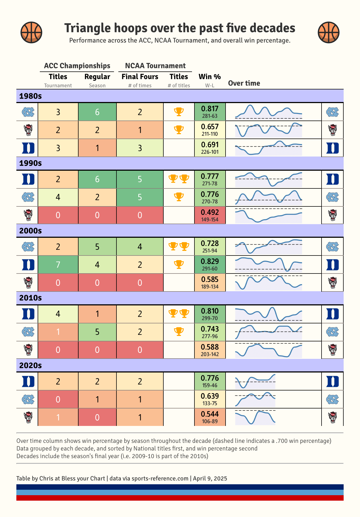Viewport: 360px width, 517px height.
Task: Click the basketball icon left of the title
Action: (31, 32)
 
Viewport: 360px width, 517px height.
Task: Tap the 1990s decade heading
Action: (31, 163)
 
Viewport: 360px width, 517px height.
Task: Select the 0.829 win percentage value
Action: (210, 261)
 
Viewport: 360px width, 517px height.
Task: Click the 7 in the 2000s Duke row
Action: (58, 264)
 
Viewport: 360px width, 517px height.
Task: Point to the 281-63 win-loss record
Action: (210, 116)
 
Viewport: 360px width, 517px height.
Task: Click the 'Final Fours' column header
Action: (140, 77)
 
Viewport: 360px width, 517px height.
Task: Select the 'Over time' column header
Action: (244, 83)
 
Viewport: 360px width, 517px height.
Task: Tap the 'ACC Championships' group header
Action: (77, 66)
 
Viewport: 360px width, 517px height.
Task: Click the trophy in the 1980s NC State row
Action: (179, 130)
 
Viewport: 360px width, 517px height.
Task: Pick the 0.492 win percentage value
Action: (210, 212)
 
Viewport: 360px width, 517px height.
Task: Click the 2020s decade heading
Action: (31, 365)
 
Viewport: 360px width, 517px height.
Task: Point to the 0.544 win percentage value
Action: (210, 414)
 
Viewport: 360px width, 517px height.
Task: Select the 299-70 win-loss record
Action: (210, 318)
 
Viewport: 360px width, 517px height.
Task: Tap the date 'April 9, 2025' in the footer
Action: (210, 478)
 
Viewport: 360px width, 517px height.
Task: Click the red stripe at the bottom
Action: (180, 498)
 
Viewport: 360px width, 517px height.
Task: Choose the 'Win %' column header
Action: (210, 77)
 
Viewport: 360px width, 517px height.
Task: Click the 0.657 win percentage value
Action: (210, 127)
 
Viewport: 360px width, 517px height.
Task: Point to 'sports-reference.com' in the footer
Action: (160, 478)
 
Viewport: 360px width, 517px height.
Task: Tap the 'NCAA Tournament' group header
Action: (155, 66)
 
